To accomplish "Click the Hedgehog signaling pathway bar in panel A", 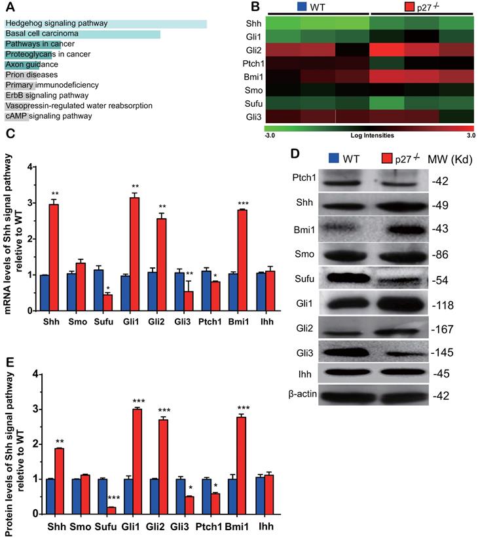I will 105,24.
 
